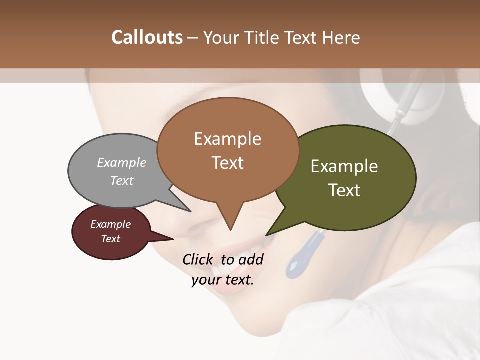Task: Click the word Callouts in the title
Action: pos(147,37)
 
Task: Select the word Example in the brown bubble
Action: pos(227,139)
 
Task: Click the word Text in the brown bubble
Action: pos(227,163)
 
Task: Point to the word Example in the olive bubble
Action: pos(344,166)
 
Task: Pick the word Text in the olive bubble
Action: pos(344,190)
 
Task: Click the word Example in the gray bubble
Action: pos(121,162)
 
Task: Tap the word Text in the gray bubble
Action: pos(121,180)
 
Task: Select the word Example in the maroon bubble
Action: pos(110,224)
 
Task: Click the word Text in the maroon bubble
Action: pos(110,239)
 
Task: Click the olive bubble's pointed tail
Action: pos(269,233)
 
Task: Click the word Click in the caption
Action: pos(198,259)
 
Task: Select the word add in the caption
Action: pos(251,259)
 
